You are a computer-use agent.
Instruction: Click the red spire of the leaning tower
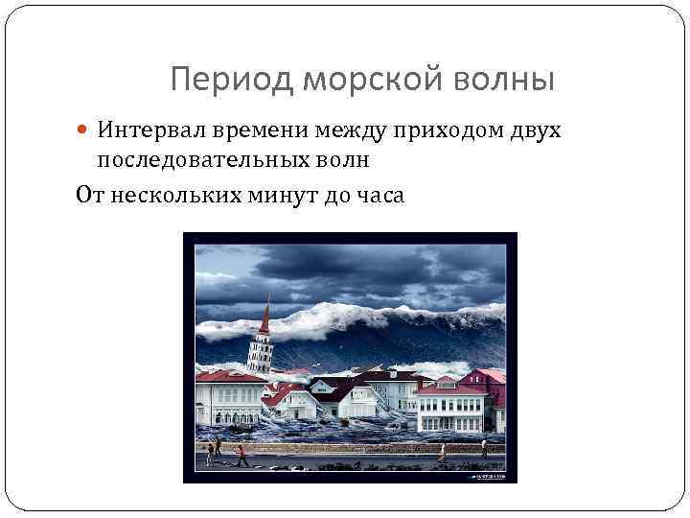click(x=264, y=316)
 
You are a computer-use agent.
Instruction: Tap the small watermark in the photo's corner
click(x=484, y=472)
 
